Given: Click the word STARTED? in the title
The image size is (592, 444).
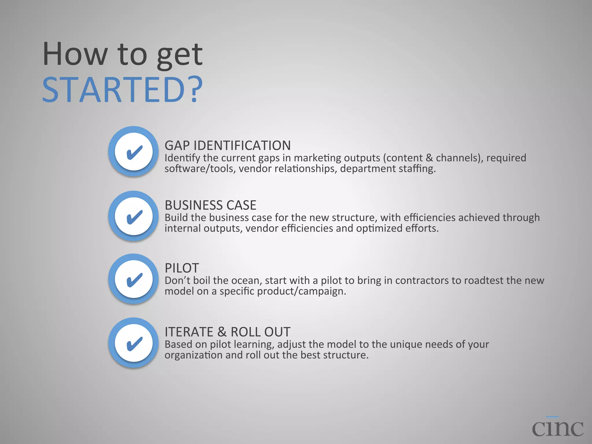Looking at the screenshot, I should (x=123, y=90).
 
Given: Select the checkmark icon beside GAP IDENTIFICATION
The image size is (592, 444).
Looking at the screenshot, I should (x=134, y=151).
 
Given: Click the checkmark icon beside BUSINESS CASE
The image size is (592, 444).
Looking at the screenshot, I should (x=134, y=216).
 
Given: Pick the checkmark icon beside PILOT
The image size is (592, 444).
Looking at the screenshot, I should (x=134, y=279).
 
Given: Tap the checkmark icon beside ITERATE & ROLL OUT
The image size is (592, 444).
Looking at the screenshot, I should (x=134, y=343).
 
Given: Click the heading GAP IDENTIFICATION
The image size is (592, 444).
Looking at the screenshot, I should (x=227, y=145).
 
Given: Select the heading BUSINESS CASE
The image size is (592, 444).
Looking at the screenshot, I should (x=210, y=205).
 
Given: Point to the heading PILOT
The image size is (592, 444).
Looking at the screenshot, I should (x=182, y=268).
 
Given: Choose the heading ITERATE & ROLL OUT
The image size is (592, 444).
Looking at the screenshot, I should (x=227, y=332).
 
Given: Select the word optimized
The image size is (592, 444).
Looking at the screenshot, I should (x=379, y=228).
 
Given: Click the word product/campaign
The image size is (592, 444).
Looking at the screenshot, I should (x=301, y=291).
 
